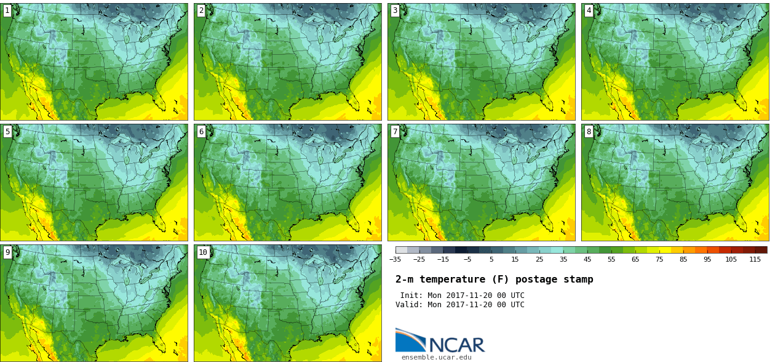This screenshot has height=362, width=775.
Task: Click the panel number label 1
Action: coord(7,10)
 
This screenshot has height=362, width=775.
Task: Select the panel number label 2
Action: coord(201,10)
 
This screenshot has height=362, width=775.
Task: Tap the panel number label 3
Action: coord(395,10)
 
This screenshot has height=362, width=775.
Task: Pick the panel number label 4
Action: coord(589,10)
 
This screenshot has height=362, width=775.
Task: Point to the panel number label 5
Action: coord(7,131)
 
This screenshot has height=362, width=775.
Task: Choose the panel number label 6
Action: coord(201,131)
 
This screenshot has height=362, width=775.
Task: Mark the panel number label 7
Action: coord(395,131)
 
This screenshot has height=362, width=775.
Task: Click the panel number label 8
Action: coord(589,131)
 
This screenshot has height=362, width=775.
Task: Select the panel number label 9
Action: coord(7,252)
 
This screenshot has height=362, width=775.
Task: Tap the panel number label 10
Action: coord(203,252)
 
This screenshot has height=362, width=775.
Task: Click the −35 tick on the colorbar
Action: coord(395,259)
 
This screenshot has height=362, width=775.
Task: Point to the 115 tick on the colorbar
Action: coord(755,259)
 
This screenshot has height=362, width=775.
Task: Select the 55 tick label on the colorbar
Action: coord(611,259)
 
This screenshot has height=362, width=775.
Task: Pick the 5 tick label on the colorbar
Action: coord(491,259)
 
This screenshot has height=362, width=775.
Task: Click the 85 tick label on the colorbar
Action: coord(683,259)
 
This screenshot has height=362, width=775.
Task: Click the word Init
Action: coord(412,296)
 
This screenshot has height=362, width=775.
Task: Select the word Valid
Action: coord(408,305)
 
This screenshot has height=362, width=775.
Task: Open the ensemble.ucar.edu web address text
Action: coord(437,357)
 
